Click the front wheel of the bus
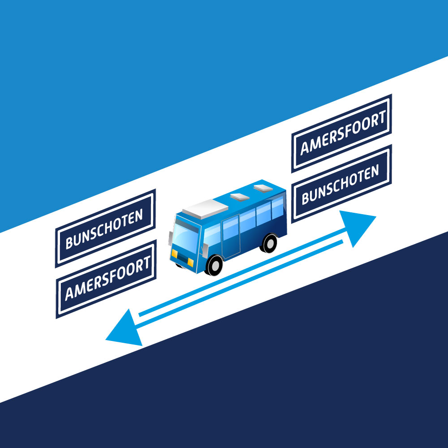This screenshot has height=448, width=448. click(x=214, y=264)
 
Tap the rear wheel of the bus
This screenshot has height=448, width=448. click(x=269, y=243)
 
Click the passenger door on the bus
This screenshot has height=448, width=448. click(x=231, y=237)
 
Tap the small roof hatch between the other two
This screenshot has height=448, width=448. click(x=239, y=196)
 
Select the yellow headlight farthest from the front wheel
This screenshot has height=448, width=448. click(x=175, y=254)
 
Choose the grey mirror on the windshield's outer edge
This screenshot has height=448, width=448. click(x=171, y=238)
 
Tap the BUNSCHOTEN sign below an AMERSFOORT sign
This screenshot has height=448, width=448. click(x=341, y=184)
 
